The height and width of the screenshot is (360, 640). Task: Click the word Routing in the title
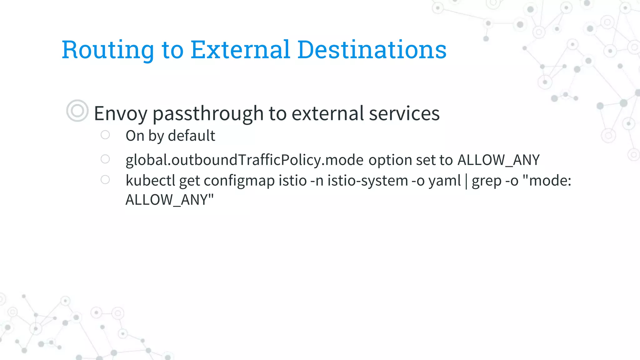point(108,50)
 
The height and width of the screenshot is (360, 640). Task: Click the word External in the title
point(240,50)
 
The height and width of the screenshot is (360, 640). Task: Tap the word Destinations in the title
point(372,50)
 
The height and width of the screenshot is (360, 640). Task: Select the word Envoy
point(120,114)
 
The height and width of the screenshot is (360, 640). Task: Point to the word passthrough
point(208,114)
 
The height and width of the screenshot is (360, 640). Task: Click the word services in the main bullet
point(404,114)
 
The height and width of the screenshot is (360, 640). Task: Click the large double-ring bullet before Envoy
point(77,111)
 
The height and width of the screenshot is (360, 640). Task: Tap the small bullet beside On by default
point(105,135)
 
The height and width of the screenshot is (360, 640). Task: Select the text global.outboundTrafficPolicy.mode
point(244,160)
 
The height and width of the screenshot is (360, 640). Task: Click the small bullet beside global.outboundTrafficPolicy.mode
point(105,159)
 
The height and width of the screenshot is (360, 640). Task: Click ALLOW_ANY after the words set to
point(498,160)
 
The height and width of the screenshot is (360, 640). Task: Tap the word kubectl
point(150,181)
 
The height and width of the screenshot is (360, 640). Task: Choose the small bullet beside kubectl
point(105,180)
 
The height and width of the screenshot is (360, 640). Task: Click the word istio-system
point(367,181)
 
